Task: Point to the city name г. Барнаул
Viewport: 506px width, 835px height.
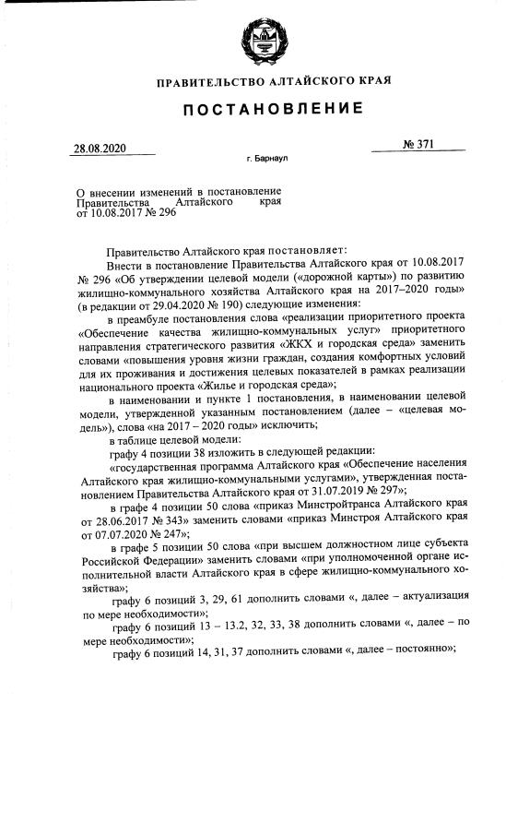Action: click(268, 159)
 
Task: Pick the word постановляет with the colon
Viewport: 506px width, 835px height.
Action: click(292, 250)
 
